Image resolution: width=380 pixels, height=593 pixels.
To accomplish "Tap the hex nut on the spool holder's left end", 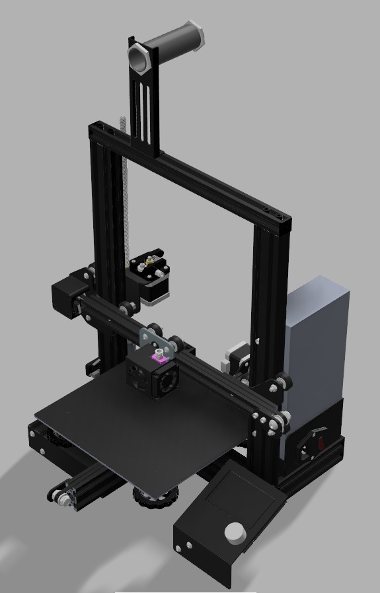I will (x=139, y=58).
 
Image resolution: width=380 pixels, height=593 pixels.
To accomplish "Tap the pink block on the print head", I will (x=159, y=358).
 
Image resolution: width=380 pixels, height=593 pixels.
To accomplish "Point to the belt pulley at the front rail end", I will (x=61, y=499).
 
